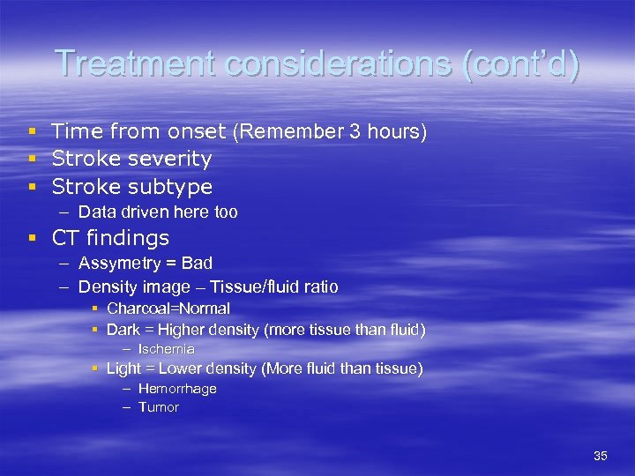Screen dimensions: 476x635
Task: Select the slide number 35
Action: pos(601,456)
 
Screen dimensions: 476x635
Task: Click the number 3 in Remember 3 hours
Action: pos(355,132)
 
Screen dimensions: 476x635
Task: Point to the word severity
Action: pos(169,160)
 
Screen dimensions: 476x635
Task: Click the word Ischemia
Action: pos(167,349)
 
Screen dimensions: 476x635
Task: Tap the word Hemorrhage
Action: pos(177,389)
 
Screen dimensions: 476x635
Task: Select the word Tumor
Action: pos(159,407)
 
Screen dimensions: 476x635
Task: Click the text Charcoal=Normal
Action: pos(168,309)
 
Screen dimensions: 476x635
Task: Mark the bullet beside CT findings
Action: pos(32,238)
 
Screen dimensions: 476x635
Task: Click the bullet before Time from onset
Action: pos(32,132)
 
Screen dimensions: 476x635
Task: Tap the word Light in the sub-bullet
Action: pos(123,368)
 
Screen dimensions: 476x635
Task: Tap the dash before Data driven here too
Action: pos(67,212)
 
